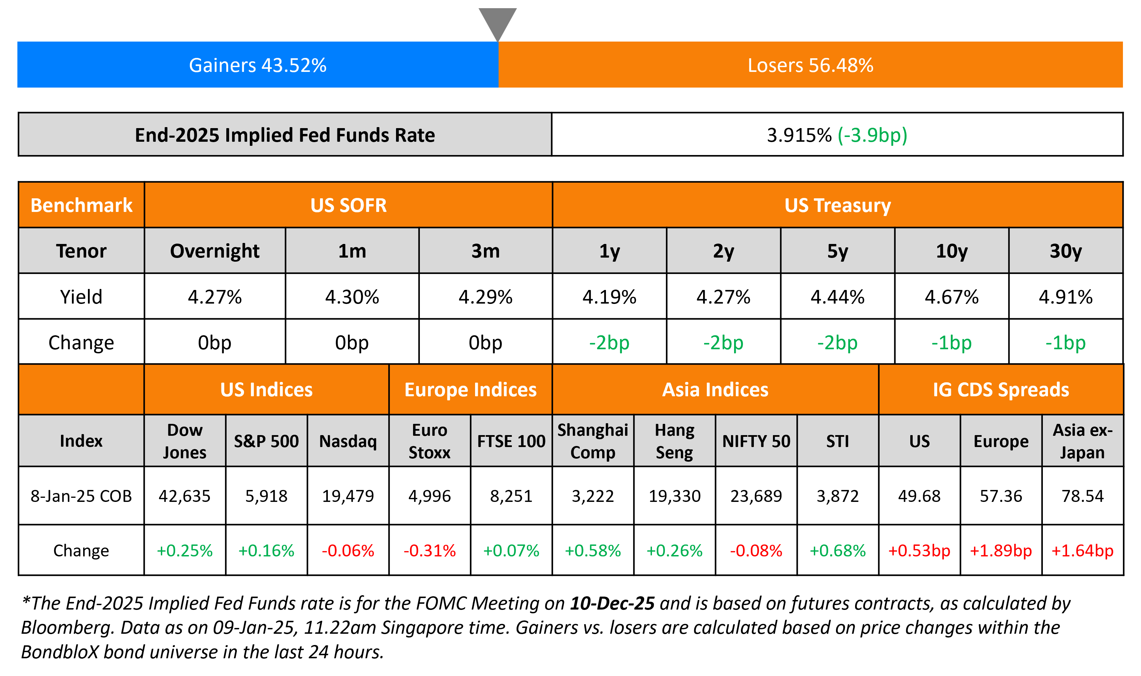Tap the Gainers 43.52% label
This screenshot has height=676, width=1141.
click(257, 65)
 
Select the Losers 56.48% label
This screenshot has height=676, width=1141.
click(810, 65)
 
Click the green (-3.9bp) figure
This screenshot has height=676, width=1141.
click(872, 135)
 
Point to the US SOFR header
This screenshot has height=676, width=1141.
click(348, 205)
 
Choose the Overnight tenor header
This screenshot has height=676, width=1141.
click(215, 251)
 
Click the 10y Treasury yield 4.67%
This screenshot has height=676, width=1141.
click(952, 297)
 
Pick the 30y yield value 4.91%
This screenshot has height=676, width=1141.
click(1065, 297)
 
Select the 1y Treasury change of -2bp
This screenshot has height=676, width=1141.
click(609, 342)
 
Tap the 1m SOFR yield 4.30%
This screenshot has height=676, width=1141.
click(352, 297)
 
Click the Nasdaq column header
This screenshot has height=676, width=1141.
click(348, 441)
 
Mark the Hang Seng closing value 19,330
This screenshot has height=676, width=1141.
click(674, 496)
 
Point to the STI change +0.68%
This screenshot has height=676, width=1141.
click(837, 550)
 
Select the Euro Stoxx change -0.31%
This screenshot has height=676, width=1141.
click(429, 550)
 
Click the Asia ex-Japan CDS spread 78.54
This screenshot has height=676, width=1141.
click(1082, 496)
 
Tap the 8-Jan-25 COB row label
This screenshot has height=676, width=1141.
click(81, 496)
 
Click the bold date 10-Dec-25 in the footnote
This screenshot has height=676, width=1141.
click(612, 603)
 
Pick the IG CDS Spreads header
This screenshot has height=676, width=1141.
click(1001, 389)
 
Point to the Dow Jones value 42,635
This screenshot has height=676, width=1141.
click(184, 496)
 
